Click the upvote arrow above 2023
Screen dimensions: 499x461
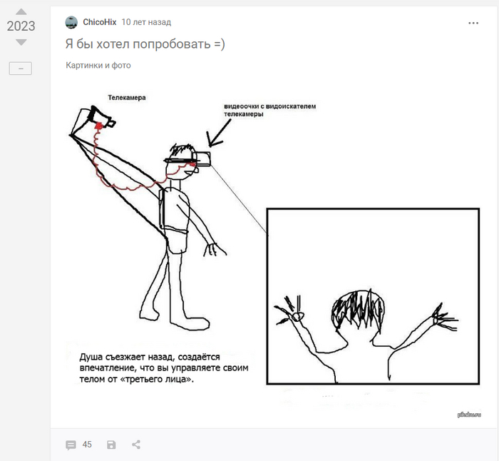coord(21,12)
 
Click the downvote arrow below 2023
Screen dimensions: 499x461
coord(21,42)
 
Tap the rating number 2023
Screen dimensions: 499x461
coord(21,26)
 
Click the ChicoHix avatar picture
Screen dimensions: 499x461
coord(71,22)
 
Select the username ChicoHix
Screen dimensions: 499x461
coord(100,22)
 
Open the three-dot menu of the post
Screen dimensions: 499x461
coord(473,23)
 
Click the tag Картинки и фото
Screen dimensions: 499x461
coord(98,66)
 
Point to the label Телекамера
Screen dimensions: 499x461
coord(127,98)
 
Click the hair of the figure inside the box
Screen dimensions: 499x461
coord(358,308)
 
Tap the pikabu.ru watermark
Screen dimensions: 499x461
coord(469,415)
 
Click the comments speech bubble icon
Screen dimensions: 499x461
coord(71,445)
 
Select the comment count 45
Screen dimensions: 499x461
coord(87,445)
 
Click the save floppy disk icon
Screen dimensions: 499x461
coord(111,445)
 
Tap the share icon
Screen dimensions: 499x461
coord(136,445)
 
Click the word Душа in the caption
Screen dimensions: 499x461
coord(91,357)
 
